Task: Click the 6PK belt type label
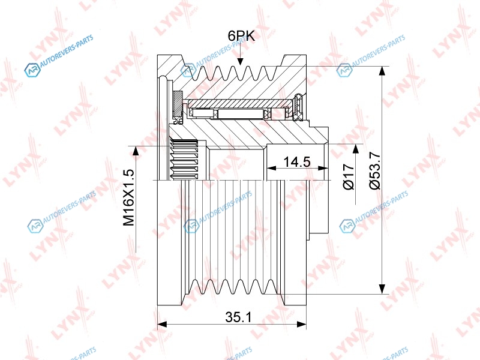pyautogui.click(x=241, y=36)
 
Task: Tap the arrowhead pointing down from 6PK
pyautogui.click(x=241, y=61)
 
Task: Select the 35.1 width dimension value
pyautogui.click(x=238, y=317)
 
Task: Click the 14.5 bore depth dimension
pyautogui.click(x=296, y=161)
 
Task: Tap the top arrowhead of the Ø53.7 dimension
pyautogui.click(x=382, y=71)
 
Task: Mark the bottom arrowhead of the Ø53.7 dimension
pyautogui.click(x=382, y=289)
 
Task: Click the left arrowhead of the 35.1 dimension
pyautogui.click(x=162, y=324)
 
